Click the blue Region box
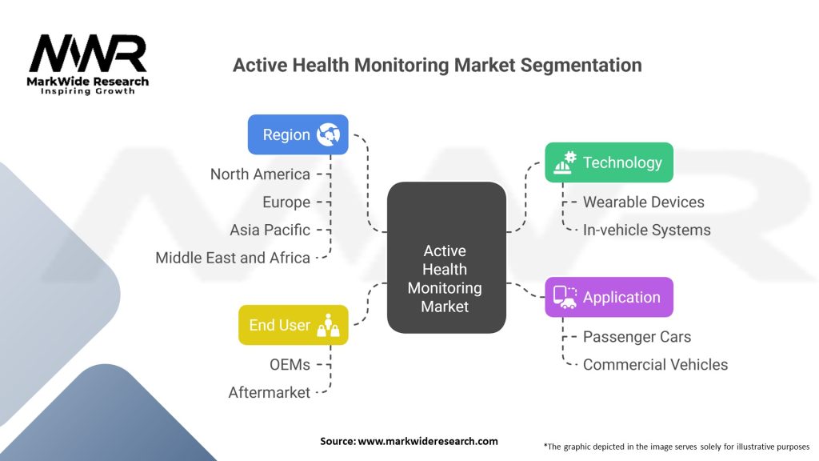tap(298, 134)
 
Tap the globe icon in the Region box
tap(329, 134)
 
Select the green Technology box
tap(609, 162)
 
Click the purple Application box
tap(609, 297)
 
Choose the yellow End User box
tap(293, 325)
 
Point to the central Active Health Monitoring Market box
tap(446, 257)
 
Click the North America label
tap(260, 174)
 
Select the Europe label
tap(286, 202)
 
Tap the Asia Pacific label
tap(270, 230)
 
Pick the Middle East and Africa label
tap(233, 258)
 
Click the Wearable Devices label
tap(644, 202)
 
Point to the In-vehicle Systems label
tap(646, 230)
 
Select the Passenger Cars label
tap(637, 337)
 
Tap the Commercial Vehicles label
tap(655, 364)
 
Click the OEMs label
tap(290, 364)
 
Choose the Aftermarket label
tap(270, 392)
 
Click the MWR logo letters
tap(88, 53)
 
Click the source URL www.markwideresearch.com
tap(428, 441)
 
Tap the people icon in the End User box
tap(329, 325)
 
